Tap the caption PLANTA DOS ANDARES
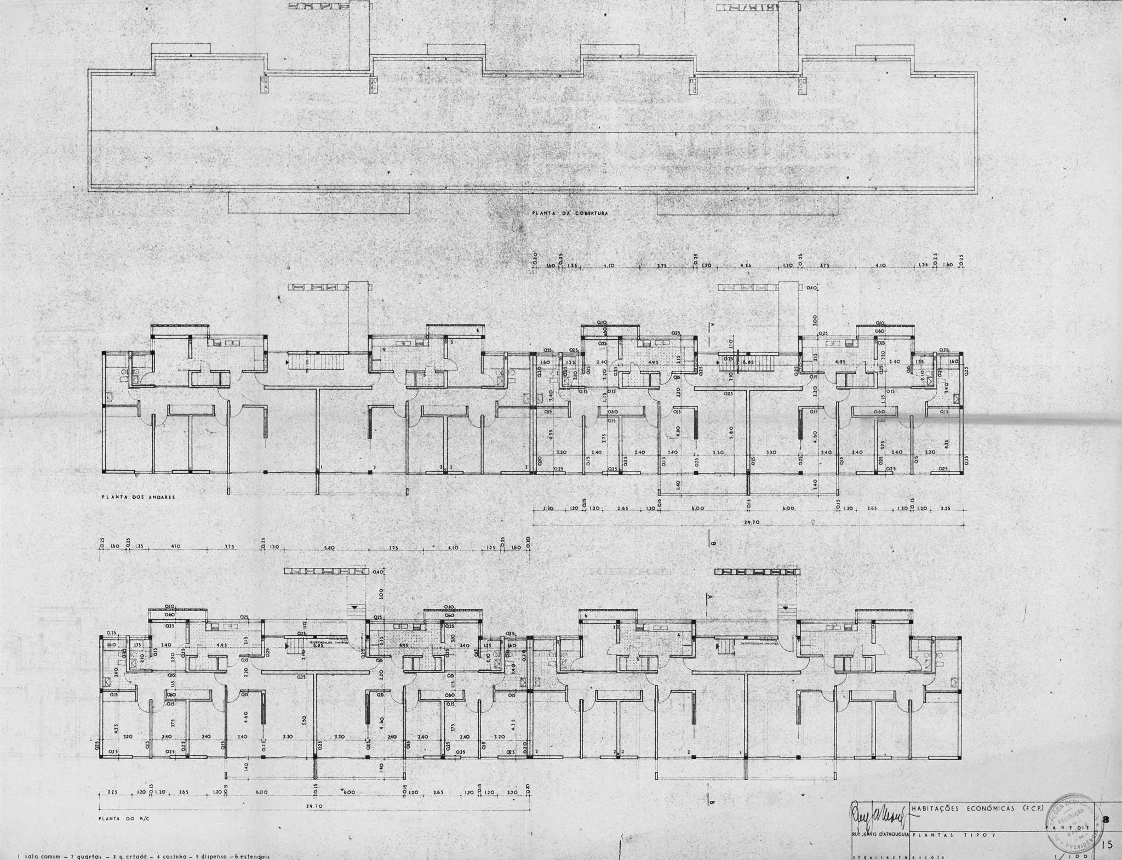pyautogui.click(x=138, y=497)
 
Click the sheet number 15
pyautogui.click(x=1107, y=845)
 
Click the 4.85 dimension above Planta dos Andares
pyautogui.click(x=746, y=265)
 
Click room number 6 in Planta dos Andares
pyautogui.click(x=478, y=331)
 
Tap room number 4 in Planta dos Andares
pyautogui.click(x=384, y=349)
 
